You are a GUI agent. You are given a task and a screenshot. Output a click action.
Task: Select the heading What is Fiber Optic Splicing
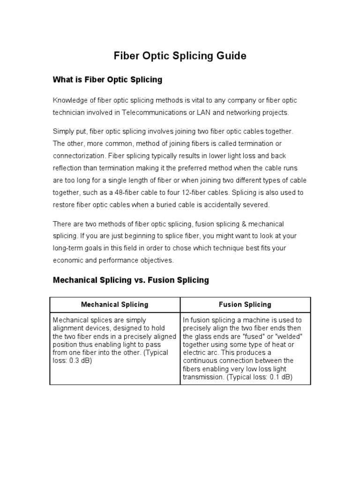click(x=107, y=80)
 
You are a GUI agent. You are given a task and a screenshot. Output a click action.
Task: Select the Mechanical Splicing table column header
click(x=114, y=305)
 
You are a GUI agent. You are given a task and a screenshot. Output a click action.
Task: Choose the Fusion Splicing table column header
click(x=245, y=305)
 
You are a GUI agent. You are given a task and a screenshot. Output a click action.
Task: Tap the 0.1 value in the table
click(x=268, y=377)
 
